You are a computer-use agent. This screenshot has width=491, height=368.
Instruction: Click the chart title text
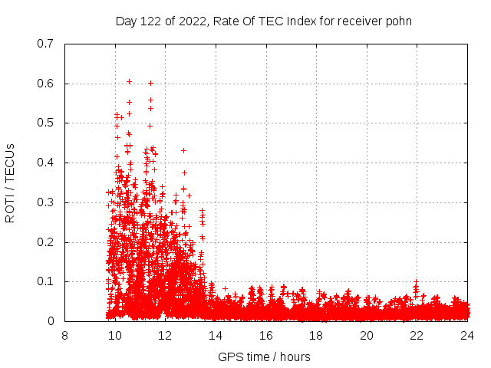263,21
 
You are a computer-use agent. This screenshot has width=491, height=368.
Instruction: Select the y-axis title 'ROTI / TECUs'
10,182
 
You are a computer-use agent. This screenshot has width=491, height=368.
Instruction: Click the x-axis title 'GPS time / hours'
264,356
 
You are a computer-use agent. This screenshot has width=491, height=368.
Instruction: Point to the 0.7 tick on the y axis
47,44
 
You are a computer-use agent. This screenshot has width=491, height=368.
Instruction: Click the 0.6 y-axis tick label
47,84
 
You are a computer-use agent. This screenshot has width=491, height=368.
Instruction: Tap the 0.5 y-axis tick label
47,123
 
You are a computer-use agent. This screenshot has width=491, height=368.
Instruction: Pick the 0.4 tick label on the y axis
47,163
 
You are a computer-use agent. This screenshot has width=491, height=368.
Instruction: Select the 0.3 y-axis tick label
47,202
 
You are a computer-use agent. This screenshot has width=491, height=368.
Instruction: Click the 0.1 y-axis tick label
47,282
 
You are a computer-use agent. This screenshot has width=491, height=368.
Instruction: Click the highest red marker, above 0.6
129,81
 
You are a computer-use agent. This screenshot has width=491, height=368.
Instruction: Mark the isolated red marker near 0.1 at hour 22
416,282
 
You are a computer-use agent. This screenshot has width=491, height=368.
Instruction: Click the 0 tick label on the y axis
51,321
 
